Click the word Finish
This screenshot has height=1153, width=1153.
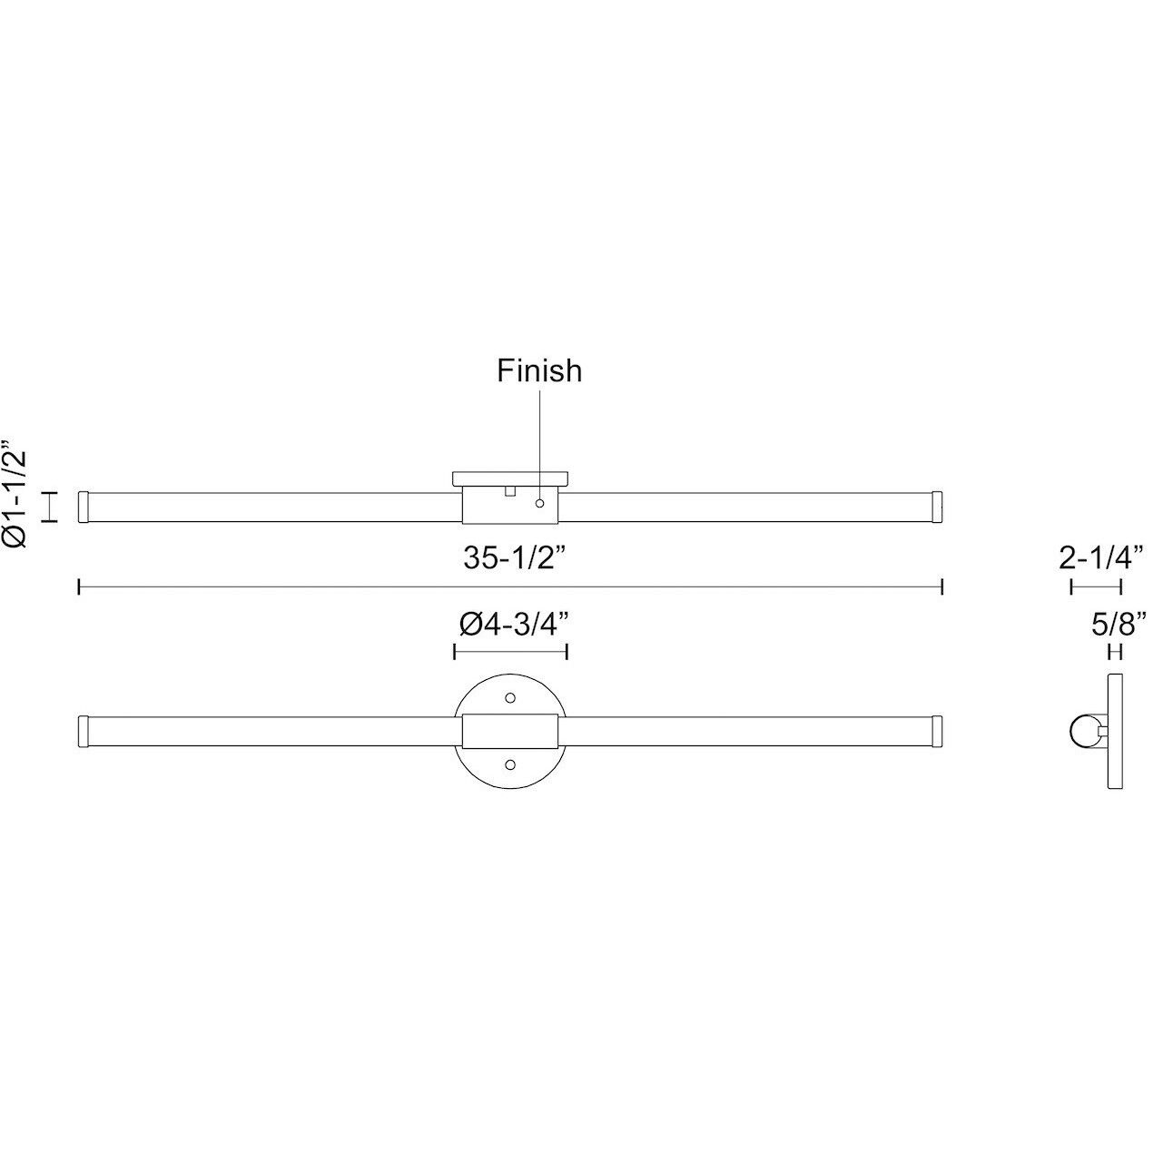pos(539,370)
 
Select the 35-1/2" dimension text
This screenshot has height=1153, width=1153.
pos(515,558)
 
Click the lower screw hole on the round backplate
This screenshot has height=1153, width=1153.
pos(510,764)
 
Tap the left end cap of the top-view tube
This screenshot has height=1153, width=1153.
pos(84,507)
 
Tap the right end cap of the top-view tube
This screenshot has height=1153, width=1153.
pos(938,507)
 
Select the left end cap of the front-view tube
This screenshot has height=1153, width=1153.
pos(84,731)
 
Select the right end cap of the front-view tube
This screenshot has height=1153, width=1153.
pos(938,731)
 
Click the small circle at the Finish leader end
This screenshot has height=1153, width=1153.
pos(540,503)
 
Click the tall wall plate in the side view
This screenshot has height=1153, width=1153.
pos(1116,731)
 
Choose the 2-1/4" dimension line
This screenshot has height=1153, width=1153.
pos(1097,587)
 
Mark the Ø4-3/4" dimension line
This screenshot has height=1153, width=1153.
pos(510,651)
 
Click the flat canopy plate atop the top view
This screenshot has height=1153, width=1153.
pos(510,478)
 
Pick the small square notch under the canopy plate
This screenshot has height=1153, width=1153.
pos(510,491)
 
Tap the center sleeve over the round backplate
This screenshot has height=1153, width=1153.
pos(510,731)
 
